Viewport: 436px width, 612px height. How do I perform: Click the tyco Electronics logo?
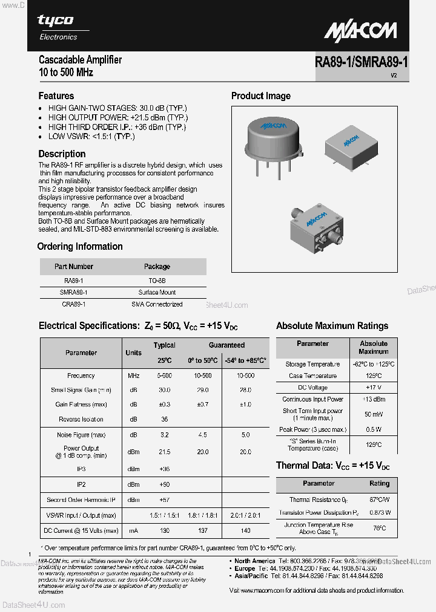[58, 27]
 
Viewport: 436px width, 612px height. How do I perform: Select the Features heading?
[56, 96]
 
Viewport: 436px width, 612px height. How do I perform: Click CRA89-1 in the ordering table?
[74, 304]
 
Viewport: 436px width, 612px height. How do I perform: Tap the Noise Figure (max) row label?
[81, 435]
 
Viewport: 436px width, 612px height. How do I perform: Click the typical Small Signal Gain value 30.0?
[164, 390]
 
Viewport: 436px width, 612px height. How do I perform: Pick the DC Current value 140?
[245, 530]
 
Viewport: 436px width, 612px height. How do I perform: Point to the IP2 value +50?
[164, 484]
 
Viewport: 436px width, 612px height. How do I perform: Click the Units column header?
[133, 353]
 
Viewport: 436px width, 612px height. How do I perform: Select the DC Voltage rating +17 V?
[374, 387]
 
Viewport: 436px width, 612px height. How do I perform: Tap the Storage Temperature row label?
[312, 364]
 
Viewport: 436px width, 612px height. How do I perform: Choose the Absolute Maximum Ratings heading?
[332, 325]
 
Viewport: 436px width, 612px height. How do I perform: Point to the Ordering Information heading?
[80, 246]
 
